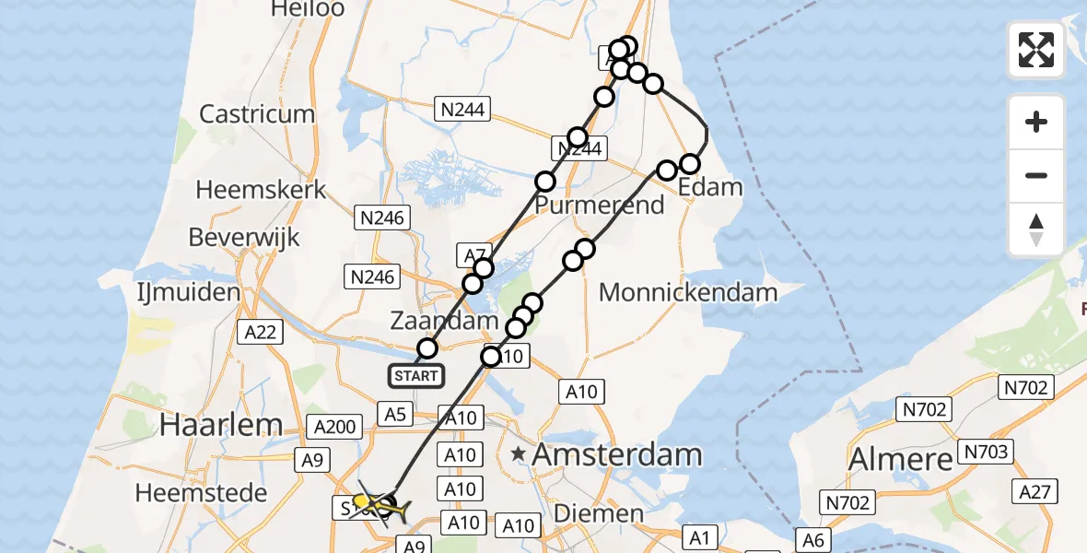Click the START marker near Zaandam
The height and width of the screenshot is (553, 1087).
click(x=415, y=376)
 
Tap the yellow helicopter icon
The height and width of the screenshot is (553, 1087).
click(x=373, y=504)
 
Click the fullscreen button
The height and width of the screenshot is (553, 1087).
click(x=1036, y=50)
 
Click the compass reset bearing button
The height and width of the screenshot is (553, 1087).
click(x=1036, y=229)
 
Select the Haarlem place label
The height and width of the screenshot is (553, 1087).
click(x=220, y=425)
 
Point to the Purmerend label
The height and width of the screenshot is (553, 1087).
click(x=600, y=205)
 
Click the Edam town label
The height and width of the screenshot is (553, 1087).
click(x=709, y=187)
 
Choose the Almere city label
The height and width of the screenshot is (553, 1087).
click(x=900, y=458)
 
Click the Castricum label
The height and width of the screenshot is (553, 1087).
click(x=257, y=114)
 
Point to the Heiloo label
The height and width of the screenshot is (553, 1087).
click(x=307, y=9)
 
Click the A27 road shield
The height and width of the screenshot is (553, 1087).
click(x=1036, y=493)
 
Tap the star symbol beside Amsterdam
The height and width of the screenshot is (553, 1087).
click(x=520, y=453)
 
